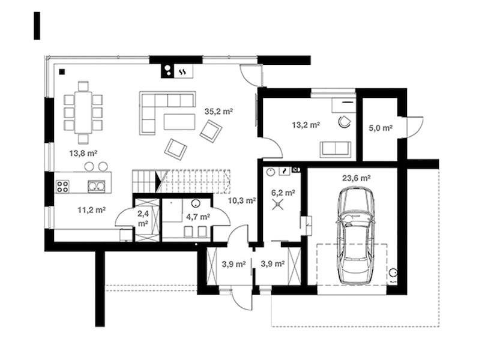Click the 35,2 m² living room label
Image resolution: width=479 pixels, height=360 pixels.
coord(218,112)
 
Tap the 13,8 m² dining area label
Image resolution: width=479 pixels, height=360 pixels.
coord(83,153)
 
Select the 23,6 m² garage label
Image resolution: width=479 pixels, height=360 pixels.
coord(357,178)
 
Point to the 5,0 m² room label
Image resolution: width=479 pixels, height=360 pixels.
coord(381,128)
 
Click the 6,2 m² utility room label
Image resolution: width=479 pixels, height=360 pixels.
coord(283,193)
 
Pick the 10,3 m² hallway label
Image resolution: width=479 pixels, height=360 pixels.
coord(242,200)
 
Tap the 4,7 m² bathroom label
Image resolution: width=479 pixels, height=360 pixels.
coord(198,217)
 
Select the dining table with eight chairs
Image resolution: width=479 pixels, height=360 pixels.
coord(83,112)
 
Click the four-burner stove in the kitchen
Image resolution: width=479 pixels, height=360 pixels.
coord(62,186)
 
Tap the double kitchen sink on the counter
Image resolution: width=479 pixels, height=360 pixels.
coord(97,186)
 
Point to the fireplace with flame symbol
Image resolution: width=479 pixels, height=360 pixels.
coord(183,71)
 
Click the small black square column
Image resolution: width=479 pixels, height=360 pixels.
coord(62,72)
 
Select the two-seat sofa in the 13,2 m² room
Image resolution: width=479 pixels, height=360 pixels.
coord(336,149)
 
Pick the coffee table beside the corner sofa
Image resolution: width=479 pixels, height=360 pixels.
coord(179,122)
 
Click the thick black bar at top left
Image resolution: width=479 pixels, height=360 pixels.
coord(37,26)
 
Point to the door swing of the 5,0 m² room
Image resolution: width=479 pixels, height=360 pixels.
coord(415,127)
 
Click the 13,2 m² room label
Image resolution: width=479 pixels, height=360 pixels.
coord(306,125)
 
